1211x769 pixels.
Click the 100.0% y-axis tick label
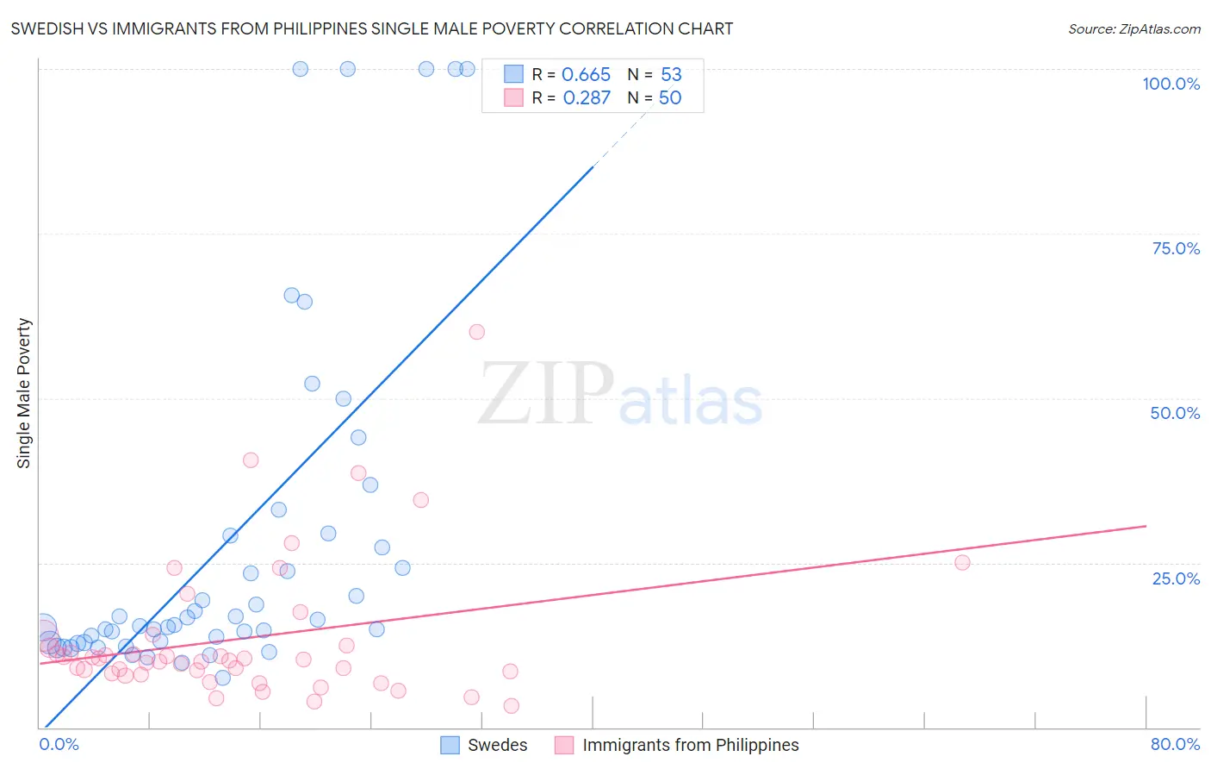coord(1171,84)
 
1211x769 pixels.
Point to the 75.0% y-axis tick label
coord(1176,248)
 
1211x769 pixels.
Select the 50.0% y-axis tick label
coord(1175,413)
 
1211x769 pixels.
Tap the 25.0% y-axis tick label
coord(1176,578)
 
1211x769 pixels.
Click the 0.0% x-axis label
coord(59,744)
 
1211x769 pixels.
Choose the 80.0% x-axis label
coord(1175,744)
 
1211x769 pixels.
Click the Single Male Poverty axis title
coord(24,393)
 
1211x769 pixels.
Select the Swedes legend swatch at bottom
coord(450,745)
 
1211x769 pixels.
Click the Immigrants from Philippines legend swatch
coord(564,745)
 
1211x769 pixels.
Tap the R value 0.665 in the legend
coord(586,75)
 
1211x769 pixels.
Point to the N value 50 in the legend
coord(670,98)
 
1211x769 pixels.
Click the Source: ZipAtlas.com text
coord(1133,29)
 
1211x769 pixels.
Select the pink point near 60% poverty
coord(476,332)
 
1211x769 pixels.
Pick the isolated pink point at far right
coord(962,563)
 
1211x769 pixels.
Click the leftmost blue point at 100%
coord(300,69)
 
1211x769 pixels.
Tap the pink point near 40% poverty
coord(251,460)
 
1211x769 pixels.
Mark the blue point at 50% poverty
coord(343,399)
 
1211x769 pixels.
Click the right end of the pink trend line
coord(1146,526)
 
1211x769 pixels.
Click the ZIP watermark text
coord(546,395)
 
